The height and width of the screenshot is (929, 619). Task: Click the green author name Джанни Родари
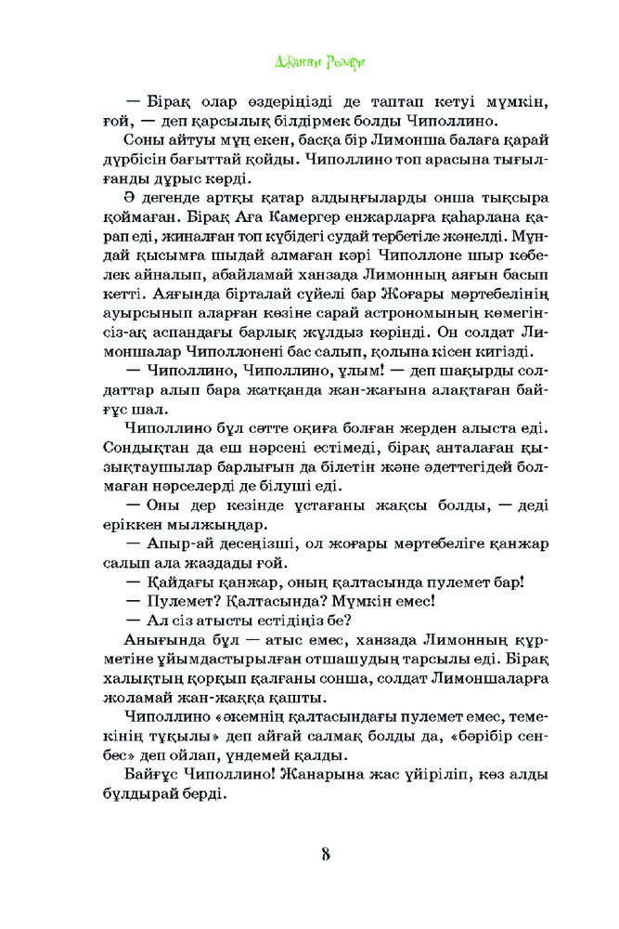coord(308,63)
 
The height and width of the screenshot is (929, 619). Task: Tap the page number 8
coord(326,853)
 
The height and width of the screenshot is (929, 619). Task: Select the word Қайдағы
coord(176,583)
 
